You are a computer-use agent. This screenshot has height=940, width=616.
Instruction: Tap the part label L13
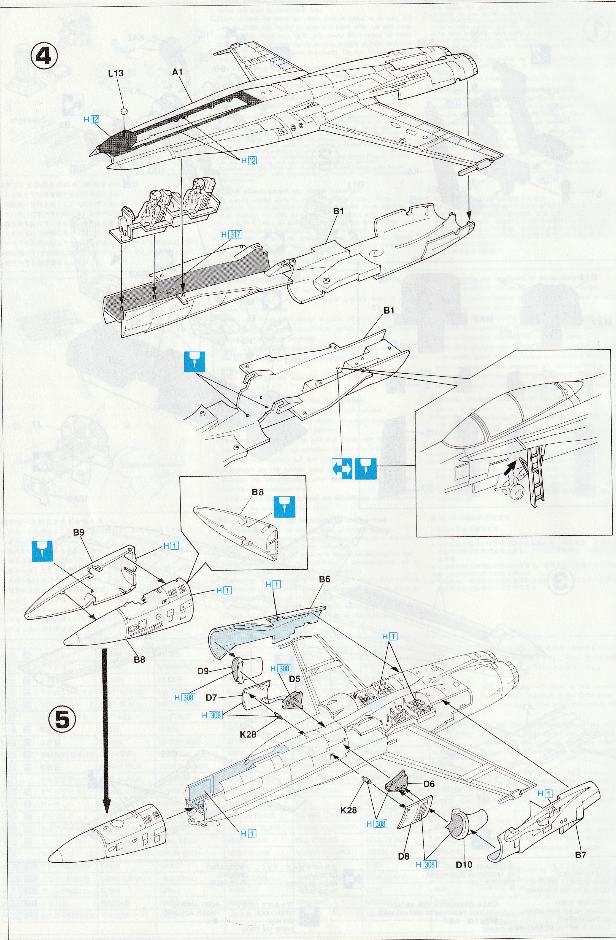(x=116, y=73)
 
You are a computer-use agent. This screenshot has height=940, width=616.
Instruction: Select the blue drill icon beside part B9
(x=42, y=551)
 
